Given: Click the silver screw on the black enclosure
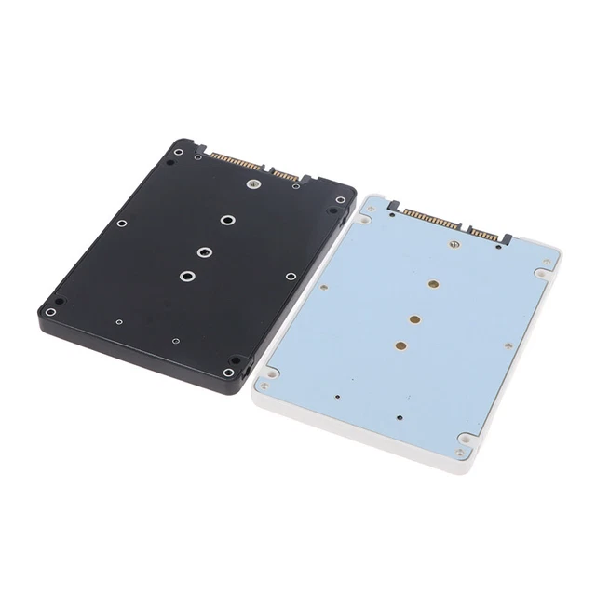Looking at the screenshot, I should (251, 184).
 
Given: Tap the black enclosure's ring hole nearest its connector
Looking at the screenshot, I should (227, 221).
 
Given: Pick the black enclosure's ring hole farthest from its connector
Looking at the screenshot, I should (188, 275).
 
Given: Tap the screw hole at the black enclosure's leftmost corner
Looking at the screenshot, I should (51, 311).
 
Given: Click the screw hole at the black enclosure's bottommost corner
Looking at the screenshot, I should (229, 372).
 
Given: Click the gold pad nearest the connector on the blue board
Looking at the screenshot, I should (434, 284).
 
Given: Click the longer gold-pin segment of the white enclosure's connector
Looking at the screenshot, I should (429, 219).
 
